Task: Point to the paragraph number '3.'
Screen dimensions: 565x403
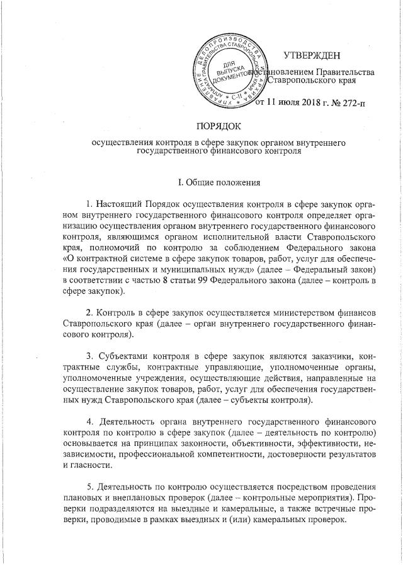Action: (x=89, y=353)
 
